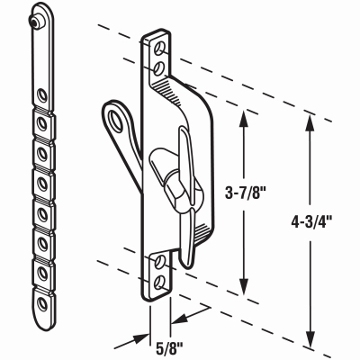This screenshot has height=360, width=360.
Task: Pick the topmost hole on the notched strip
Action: tap(40, 94)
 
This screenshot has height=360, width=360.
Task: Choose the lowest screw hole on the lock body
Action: tap(160, 280)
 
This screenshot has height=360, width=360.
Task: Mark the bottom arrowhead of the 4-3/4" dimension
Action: tap(311, 346)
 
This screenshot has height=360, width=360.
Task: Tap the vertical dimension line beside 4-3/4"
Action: tap(311, 270)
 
